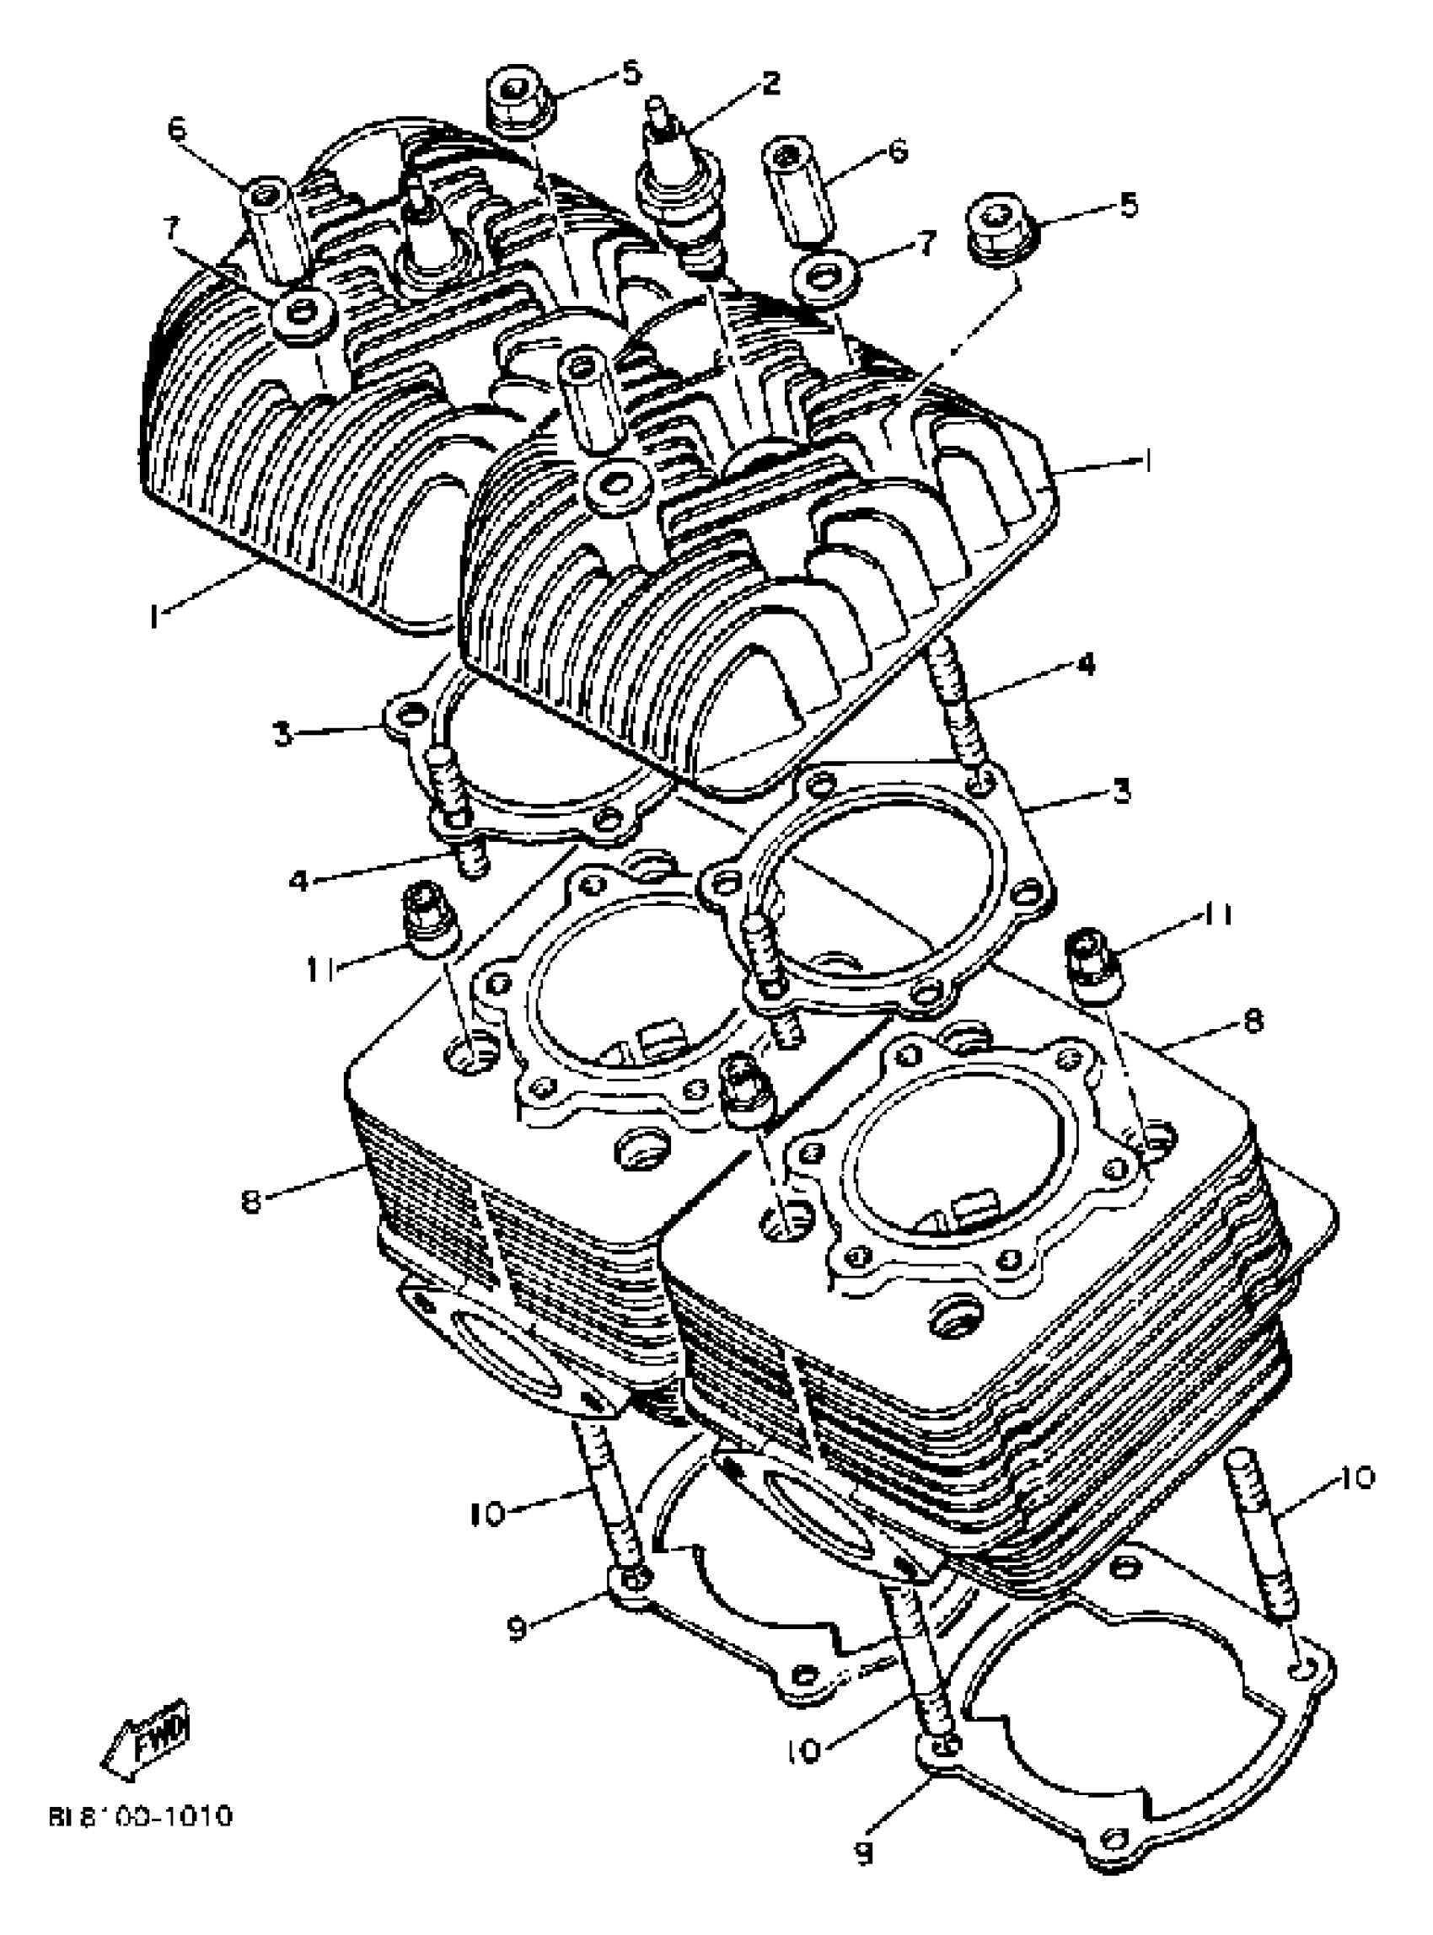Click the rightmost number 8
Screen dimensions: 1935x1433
click(x=1253, y=1021)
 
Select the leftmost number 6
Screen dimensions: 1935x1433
click(x=177, y=129)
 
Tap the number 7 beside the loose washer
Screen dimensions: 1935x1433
click(x=928, y=244)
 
